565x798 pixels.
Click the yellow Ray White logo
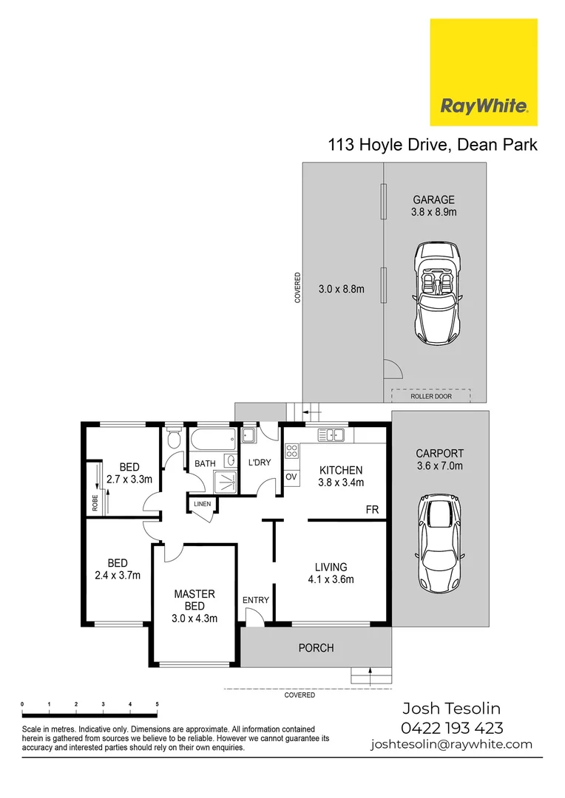pos(484,72)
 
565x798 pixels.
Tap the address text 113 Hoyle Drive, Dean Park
pos(433,145)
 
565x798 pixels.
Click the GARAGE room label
pos(433,199)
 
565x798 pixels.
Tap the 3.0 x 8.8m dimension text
pos(341,289)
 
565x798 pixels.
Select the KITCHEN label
pos(340,470)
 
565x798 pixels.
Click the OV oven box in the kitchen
pos(291,477)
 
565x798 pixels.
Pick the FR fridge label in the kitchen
pos(372,510)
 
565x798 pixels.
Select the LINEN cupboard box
pos(203,505)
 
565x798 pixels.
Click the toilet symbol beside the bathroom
pos(174,440)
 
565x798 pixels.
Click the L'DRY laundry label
pos(260,463)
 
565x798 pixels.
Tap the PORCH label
pos(316,648)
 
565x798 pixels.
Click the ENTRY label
pos(256,600)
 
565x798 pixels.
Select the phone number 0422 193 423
pos(452,727)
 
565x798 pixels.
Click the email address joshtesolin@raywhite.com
pos(451,744)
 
